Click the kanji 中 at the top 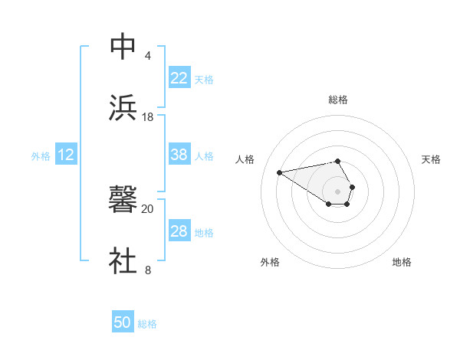(x=123, y=46)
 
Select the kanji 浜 (x=123, y=107)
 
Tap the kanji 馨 (x=123, y=200)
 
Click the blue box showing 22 (x=179, y=78)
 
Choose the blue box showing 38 (x=179, y=155)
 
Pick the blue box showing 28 (x=179, y=231)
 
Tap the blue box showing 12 (x=65, y=155)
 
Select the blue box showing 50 (x=123, y=322)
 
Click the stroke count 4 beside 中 (x=147, y=55)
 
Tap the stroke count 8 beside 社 (x=147, y=270)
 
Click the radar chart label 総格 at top (x=338, y=100)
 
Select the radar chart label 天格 (x=432, y=159)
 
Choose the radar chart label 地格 (x=402, y=262)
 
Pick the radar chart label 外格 (x=270, y=262)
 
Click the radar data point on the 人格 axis (x=280, y=172)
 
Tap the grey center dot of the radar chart (x=338, y=190)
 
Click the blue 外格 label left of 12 (x=41, y=156)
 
